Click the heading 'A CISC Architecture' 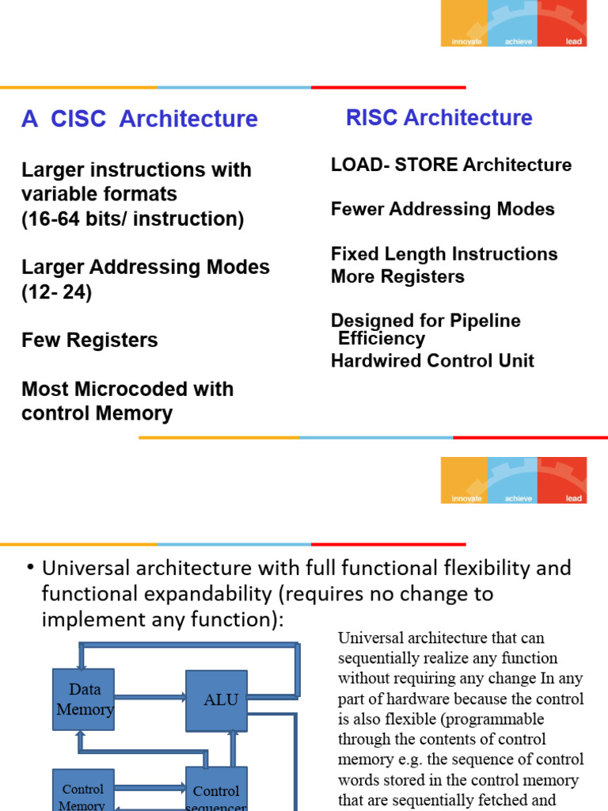tap(139, 119)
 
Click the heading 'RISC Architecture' tap(439, 118)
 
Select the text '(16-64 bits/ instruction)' tap(132, 219)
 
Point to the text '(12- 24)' tap(57, 292)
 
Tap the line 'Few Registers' tap(89, 341)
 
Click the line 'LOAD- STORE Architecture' tap(450, 165)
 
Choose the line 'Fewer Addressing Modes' tap(442, 209)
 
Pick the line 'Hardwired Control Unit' tap(432, 361)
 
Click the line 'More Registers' tap(397, 276)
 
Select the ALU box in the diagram tap(216, 700)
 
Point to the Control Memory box tap(83, 794)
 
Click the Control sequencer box tap(216, 794)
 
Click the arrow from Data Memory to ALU tap(150, 699)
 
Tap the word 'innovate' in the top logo tap(466, 41)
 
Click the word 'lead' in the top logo tap(573, 41)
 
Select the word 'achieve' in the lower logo tap(519, 499)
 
